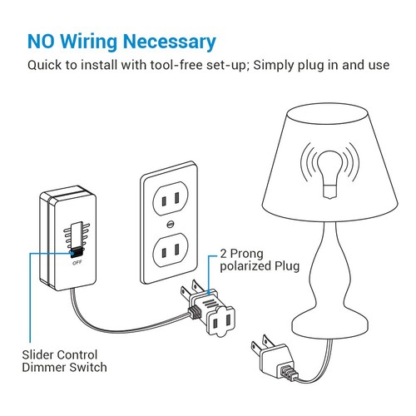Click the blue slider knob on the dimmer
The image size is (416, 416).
point(77,250)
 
